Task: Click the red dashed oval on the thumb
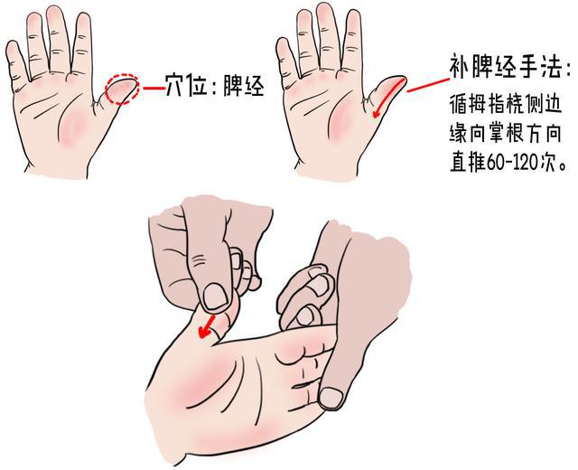coord(122,89)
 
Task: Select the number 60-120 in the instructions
coord(512,164)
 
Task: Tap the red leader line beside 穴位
coord(152,89)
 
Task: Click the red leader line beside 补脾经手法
coord(424,82)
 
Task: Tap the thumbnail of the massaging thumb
coord(215,295)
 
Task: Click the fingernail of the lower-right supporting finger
coord(332,396)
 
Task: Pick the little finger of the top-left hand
coord(14,63)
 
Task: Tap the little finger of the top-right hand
coord(288,61)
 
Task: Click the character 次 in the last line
coord(545,164)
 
